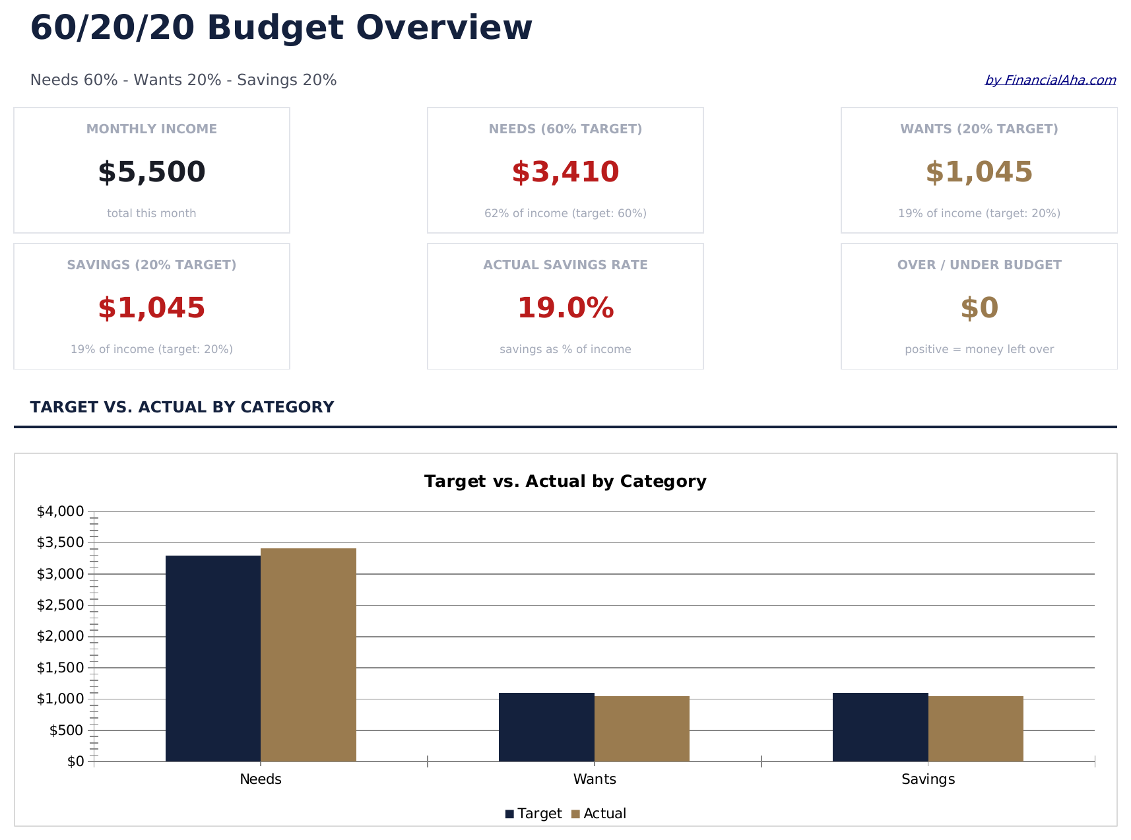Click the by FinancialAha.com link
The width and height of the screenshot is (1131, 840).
coord(1050,81)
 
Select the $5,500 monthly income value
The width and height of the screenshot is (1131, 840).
coord(152,172)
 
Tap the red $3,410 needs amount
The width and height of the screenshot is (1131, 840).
coord(565,172)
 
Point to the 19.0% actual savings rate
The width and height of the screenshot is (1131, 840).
coord(565,308)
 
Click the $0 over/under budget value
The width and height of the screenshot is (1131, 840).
coord(979,308)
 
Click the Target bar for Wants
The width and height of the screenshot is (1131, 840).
coord(546,727)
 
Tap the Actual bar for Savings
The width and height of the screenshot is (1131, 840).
coord(975,728)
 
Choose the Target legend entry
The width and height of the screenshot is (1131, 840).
coord(533,814)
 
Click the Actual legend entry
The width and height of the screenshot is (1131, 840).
coord(598,814)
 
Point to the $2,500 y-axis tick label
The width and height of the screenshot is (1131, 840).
coord(60,605)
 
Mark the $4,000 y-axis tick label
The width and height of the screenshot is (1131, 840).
coord(60,511)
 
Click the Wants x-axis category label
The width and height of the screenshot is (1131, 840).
coord(595,779)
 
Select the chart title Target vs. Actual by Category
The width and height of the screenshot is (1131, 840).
coord(565,482)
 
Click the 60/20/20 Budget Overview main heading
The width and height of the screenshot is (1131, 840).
coord(281,28)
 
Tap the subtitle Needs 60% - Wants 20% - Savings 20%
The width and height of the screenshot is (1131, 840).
coord(183,81)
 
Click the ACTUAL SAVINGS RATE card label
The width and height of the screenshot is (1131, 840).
coord(565,265)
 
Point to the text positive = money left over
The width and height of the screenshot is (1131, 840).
coord(979,350)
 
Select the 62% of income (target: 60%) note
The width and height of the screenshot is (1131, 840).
coord(565,214)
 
